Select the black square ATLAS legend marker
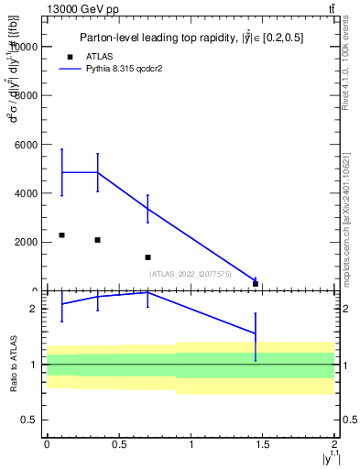[83, 57]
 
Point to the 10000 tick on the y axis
[24, 47]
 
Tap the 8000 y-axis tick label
[26, 95]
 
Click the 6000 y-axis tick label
[26, 145]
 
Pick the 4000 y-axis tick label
[26, 193]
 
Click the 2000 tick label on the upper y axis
[26, 243]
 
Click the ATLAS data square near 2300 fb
[61, 235]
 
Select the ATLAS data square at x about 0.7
[147, 257]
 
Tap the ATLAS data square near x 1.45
[256, 284]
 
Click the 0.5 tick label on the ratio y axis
[29, 420]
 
